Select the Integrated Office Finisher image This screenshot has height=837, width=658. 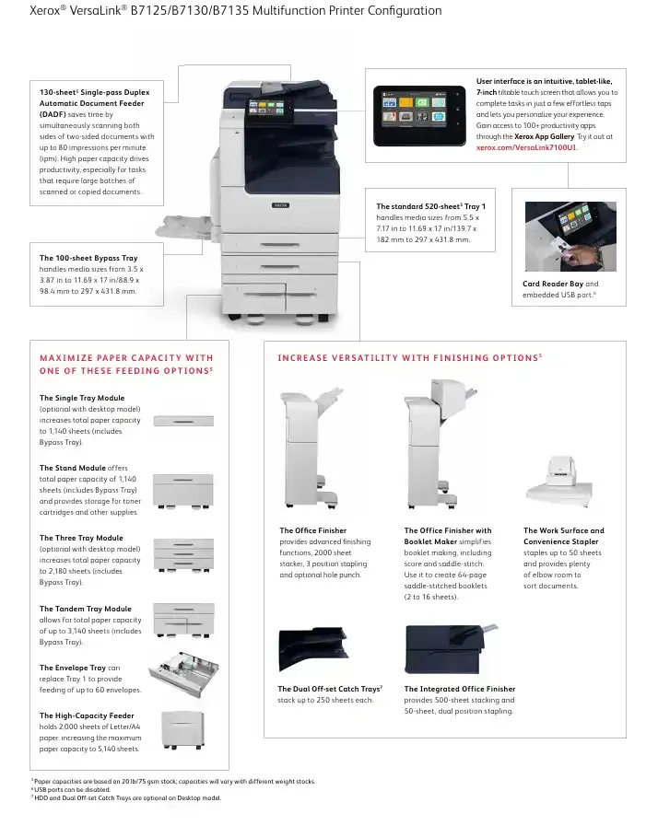click(x=449, y=648)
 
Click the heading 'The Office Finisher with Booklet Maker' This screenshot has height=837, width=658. click(x=448, y=536)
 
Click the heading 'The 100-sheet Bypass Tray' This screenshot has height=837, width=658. click(x=88, y=258)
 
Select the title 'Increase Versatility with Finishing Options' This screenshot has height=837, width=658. click(x=408, y=358)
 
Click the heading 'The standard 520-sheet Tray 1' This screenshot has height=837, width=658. click(x=430, y=205)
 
